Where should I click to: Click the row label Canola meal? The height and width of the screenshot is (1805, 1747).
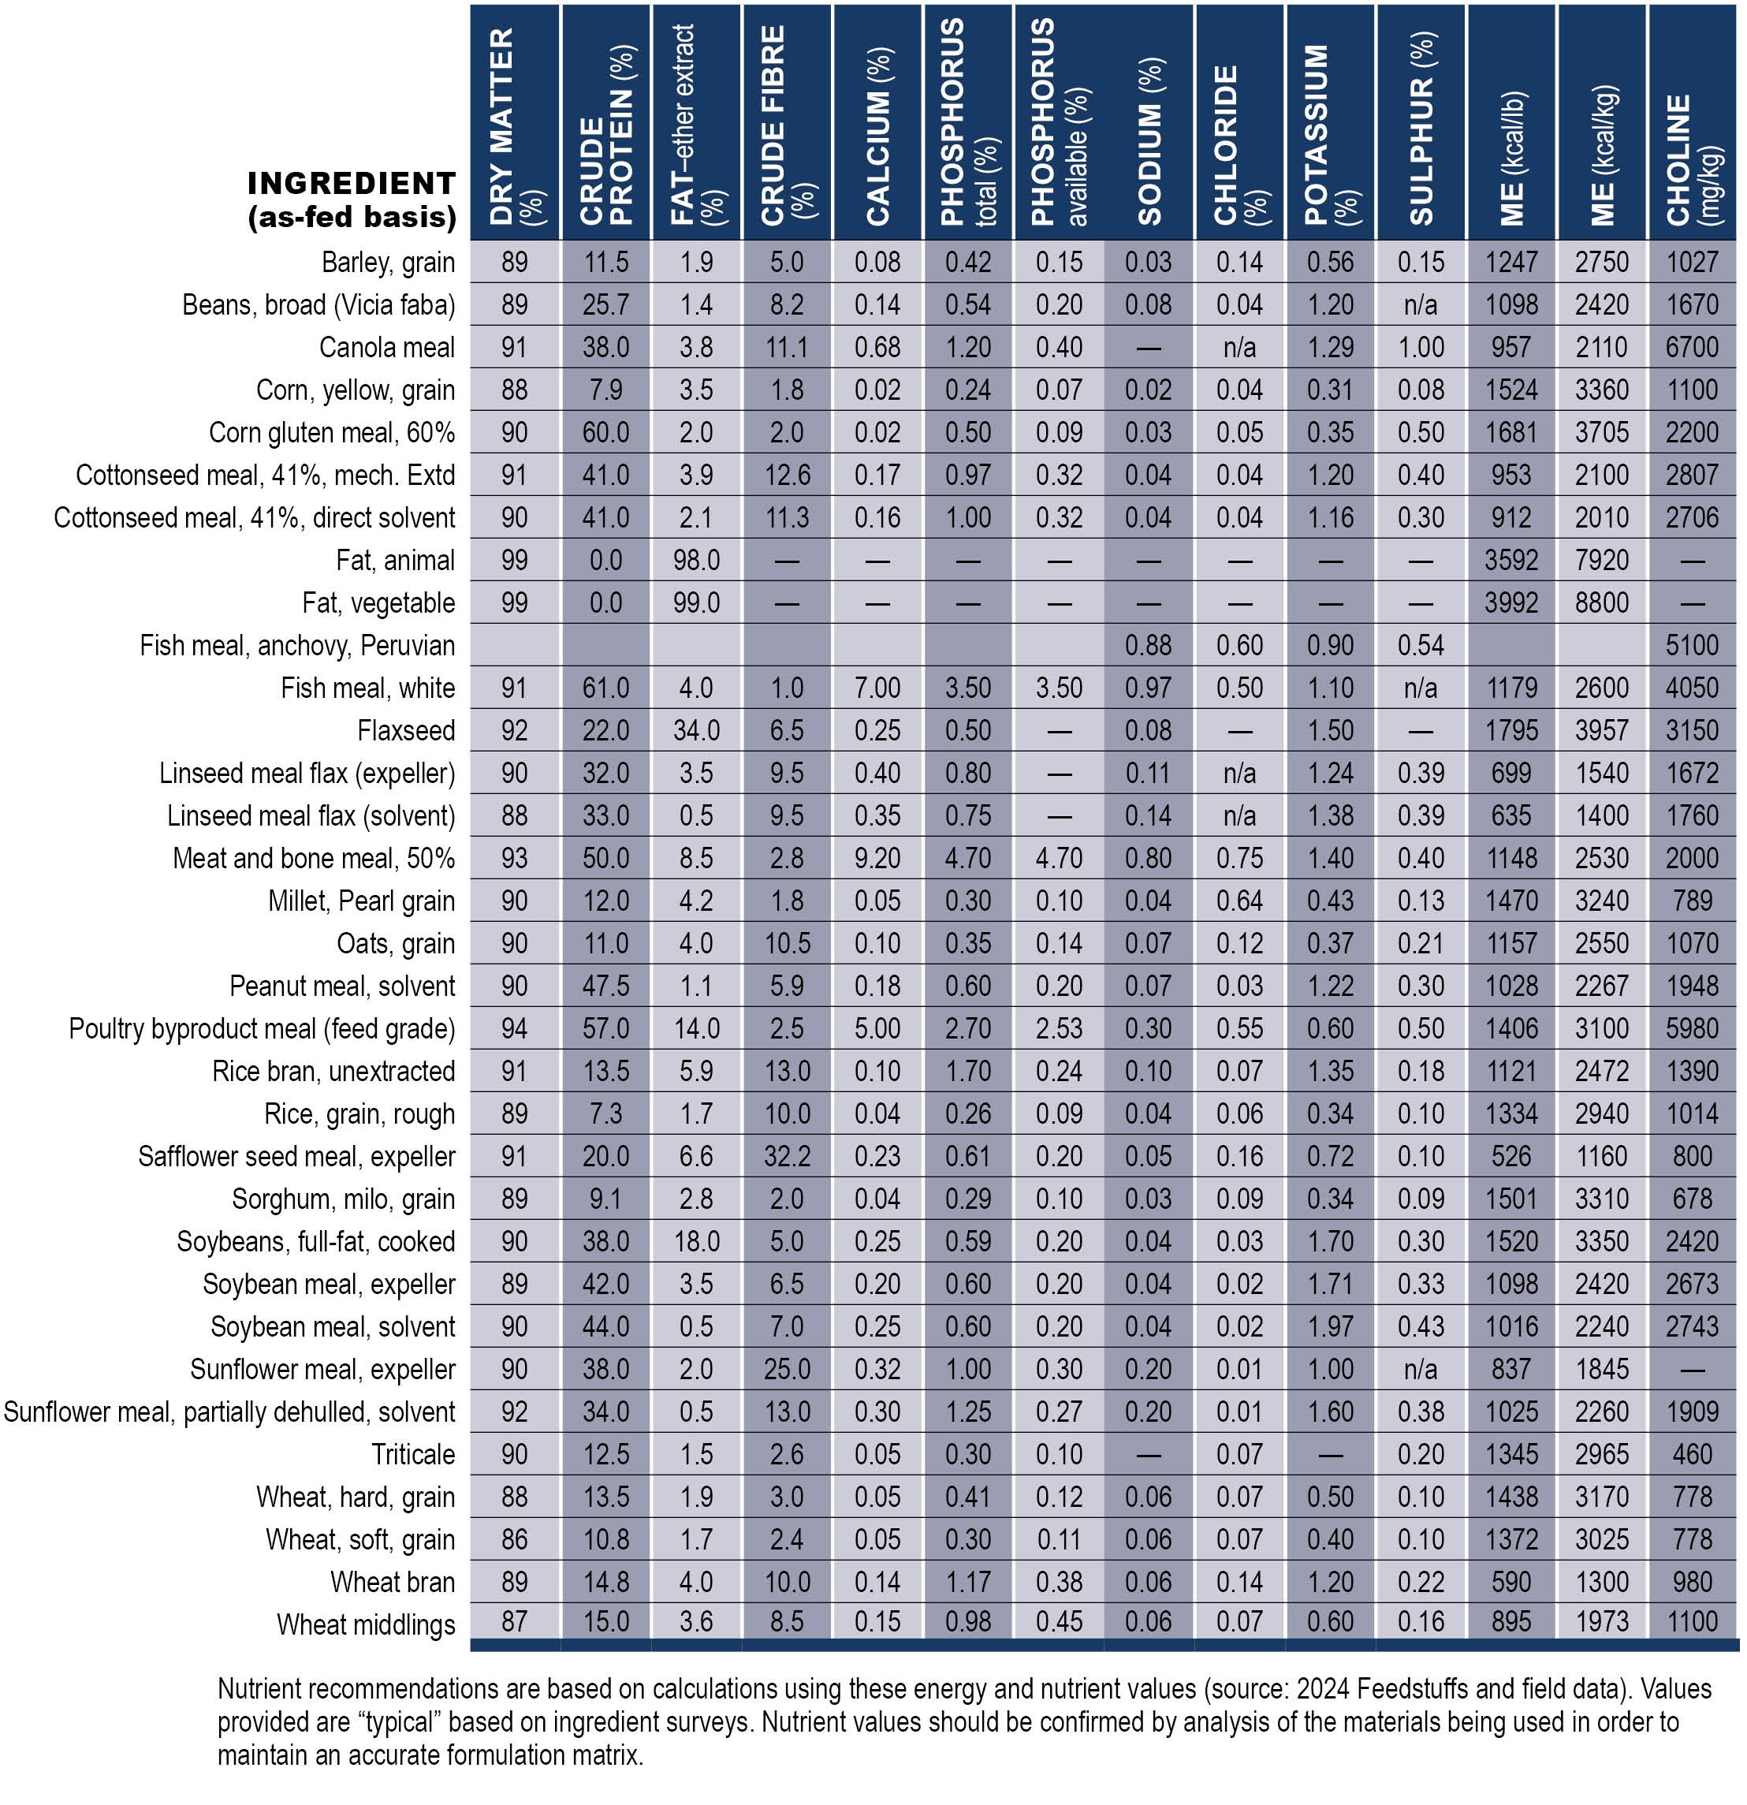coord(387,347)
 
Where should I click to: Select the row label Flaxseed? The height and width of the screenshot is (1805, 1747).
coord(406,730)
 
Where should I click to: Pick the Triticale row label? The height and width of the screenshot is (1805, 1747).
coord(414,1454)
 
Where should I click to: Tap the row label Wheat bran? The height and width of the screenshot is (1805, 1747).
coord(393,1582)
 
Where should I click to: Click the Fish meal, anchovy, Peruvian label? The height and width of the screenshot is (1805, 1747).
coord(297,646)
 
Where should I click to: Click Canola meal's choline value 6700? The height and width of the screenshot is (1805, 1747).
coord(1693,347)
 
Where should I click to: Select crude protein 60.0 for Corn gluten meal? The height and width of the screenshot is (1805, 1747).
coord(606,433)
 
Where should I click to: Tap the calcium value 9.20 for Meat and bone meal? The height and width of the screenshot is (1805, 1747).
coord(877,858)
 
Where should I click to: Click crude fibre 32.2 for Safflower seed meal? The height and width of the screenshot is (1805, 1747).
coord(788,1157)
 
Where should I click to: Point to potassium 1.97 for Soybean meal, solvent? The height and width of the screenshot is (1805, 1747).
coord(1331,1327)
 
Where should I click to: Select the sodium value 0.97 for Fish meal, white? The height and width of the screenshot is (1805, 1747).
coord(1149,688)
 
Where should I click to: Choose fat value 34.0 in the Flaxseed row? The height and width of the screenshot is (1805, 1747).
coord(696,730)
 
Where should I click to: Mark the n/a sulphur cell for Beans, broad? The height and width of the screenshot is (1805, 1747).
coord(1421,305)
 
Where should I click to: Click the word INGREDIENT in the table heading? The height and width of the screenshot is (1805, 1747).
coord(352,183)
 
